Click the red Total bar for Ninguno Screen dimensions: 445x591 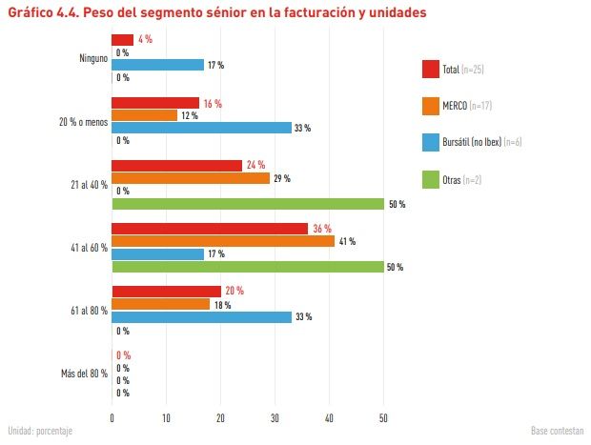(123, 40)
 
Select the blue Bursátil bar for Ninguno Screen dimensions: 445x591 (157, 65)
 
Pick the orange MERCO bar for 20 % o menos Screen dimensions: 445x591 (144, 115)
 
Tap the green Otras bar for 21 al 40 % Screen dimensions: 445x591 (247, 203)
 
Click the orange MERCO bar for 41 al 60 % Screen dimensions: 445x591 (223, 241)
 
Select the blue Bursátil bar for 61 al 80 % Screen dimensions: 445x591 (201, 317)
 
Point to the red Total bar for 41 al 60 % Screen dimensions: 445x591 (210, 229)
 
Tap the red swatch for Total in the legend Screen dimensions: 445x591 (429, 70)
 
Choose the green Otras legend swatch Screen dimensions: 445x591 (429, 179)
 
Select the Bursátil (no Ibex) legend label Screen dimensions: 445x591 (471, 143)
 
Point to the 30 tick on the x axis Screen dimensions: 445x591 (275, 417)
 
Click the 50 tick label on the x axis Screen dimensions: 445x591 (384, 417)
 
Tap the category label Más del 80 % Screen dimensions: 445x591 (82, 374)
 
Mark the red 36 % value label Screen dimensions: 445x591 (321, 229)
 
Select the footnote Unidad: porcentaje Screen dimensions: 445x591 (40, 431)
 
